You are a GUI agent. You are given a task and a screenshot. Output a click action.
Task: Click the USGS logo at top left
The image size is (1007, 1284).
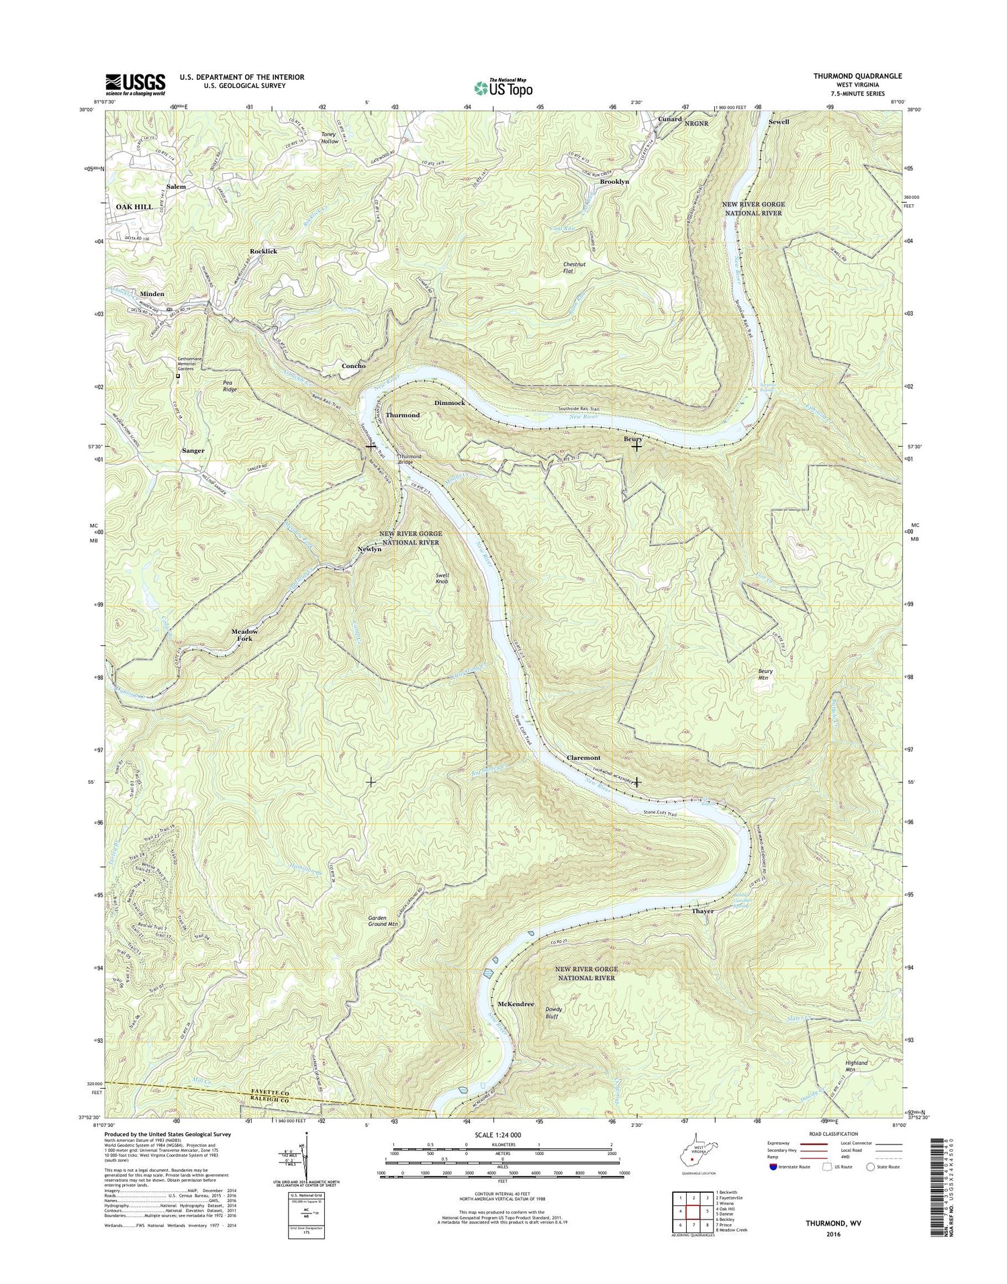click(135, 83)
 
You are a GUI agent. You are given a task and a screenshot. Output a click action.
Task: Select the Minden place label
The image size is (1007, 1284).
click(152, 294)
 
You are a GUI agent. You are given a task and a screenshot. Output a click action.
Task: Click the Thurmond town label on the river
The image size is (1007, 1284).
click(403, 415)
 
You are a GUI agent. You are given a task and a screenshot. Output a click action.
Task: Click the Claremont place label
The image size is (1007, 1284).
click(583, 758)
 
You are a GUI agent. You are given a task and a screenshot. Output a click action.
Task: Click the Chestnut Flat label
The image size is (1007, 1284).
click(577, 268)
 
